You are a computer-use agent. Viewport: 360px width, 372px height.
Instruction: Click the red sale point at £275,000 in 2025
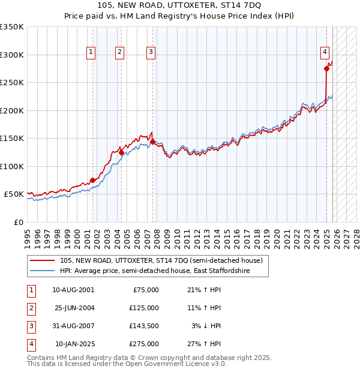point(327,69)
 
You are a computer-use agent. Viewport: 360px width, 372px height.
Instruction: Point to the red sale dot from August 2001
point(93,180)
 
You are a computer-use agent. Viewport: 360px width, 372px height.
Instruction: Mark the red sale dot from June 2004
point(121,152)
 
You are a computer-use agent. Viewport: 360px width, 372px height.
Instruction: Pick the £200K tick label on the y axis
point(12,110)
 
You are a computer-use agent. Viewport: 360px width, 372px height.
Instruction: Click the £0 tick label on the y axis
point(19,222)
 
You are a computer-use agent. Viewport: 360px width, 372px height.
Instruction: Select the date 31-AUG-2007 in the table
point(74,326)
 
